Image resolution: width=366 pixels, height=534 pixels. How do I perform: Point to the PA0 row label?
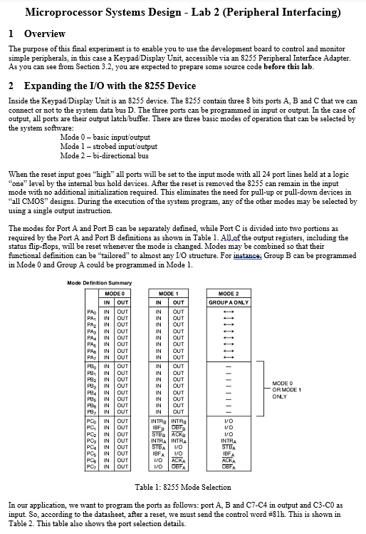(91, 312)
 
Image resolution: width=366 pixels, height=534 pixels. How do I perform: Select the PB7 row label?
(91, 411)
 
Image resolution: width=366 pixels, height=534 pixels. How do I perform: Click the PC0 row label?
(91, 421)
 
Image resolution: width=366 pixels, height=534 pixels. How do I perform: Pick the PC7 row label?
(91, 467)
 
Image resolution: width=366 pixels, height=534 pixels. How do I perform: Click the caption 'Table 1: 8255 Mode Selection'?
(183, 487)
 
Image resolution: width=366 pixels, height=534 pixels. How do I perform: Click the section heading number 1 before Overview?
(11, 34)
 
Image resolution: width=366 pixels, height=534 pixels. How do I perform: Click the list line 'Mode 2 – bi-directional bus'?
(104, 155)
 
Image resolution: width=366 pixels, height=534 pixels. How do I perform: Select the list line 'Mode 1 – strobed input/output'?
(108, 146)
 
